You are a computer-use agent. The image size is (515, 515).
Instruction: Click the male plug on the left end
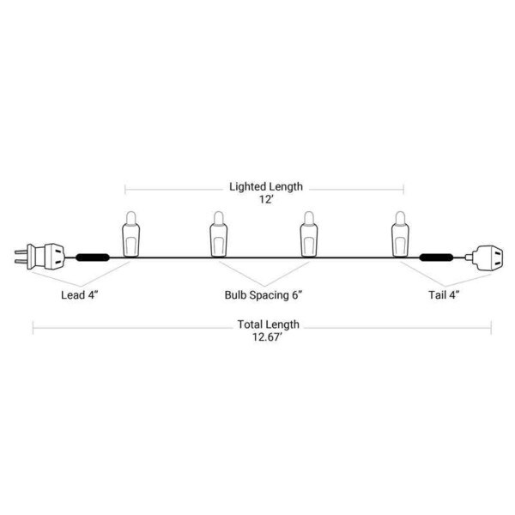(40, 257)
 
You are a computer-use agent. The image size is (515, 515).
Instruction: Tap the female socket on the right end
(484, 258)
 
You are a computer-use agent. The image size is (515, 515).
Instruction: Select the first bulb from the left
(130, 233)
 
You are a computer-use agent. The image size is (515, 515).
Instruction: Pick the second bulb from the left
(218, 233)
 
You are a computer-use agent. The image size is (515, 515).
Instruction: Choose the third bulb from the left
(309, 233)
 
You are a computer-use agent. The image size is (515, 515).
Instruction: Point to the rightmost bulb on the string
(400, 233)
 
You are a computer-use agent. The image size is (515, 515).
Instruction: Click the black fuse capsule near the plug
(93, 257)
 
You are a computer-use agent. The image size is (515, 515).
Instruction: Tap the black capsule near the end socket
(436, 257)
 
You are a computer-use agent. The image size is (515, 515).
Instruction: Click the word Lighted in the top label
(248, 186)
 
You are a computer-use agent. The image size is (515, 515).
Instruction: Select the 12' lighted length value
(266, 199)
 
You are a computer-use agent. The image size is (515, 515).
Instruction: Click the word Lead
(73, 295)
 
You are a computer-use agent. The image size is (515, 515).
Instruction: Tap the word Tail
(438, 295)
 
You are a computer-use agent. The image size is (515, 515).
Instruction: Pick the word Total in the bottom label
(251, 324)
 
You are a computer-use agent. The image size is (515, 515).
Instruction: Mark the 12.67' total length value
(267, 337)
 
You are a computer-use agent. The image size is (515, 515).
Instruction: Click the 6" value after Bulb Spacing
(297, 294)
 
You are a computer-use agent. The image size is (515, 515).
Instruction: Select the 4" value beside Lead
(94, 294)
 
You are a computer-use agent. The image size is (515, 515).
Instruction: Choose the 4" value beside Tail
(455, 294)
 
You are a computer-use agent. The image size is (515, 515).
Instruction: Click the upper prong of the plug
(21, 251)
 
